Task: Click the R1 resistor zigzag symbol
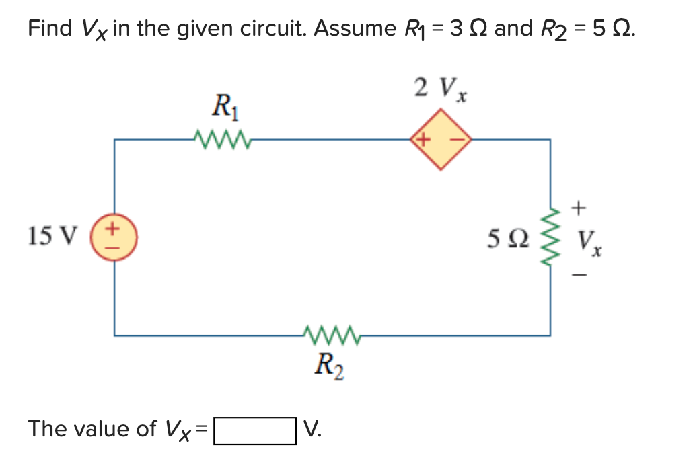coord(221,139)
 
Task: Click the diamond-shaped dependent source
coord(441,140)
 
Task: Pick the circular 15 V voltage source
coord(114,236)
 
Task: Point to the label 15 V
coord(53,236)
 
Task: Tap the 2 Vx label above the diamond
coord(441,88)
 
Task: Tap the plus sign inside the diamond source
coord(423,140)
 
